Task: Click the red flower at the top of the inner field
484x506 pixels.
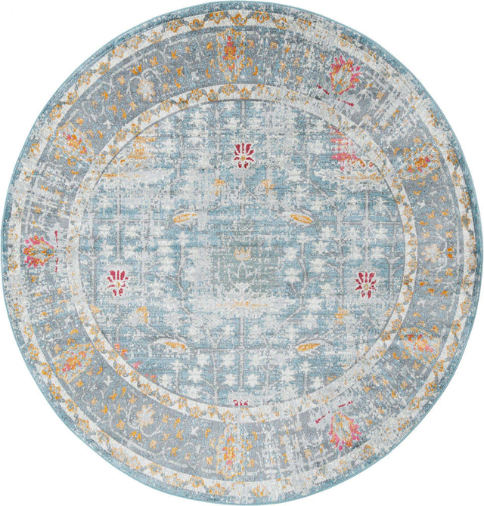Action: [244, 155]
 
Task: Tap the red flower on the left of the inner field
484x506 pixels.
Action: [117, 282]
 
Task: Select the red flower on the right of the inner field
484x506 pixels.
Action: [366, 283]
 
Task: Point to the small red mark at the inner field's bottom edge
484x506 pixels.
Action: [240, 403]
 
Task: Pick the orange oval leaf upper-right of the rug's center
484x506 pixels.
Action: [297, 218]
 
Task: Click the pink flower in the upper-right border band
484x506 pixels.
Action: [345, 76]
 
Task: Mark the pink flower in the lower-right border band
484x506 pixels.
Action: [344, 427]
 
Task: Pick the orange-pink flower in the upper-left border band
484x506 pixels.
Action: [73, 143]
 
